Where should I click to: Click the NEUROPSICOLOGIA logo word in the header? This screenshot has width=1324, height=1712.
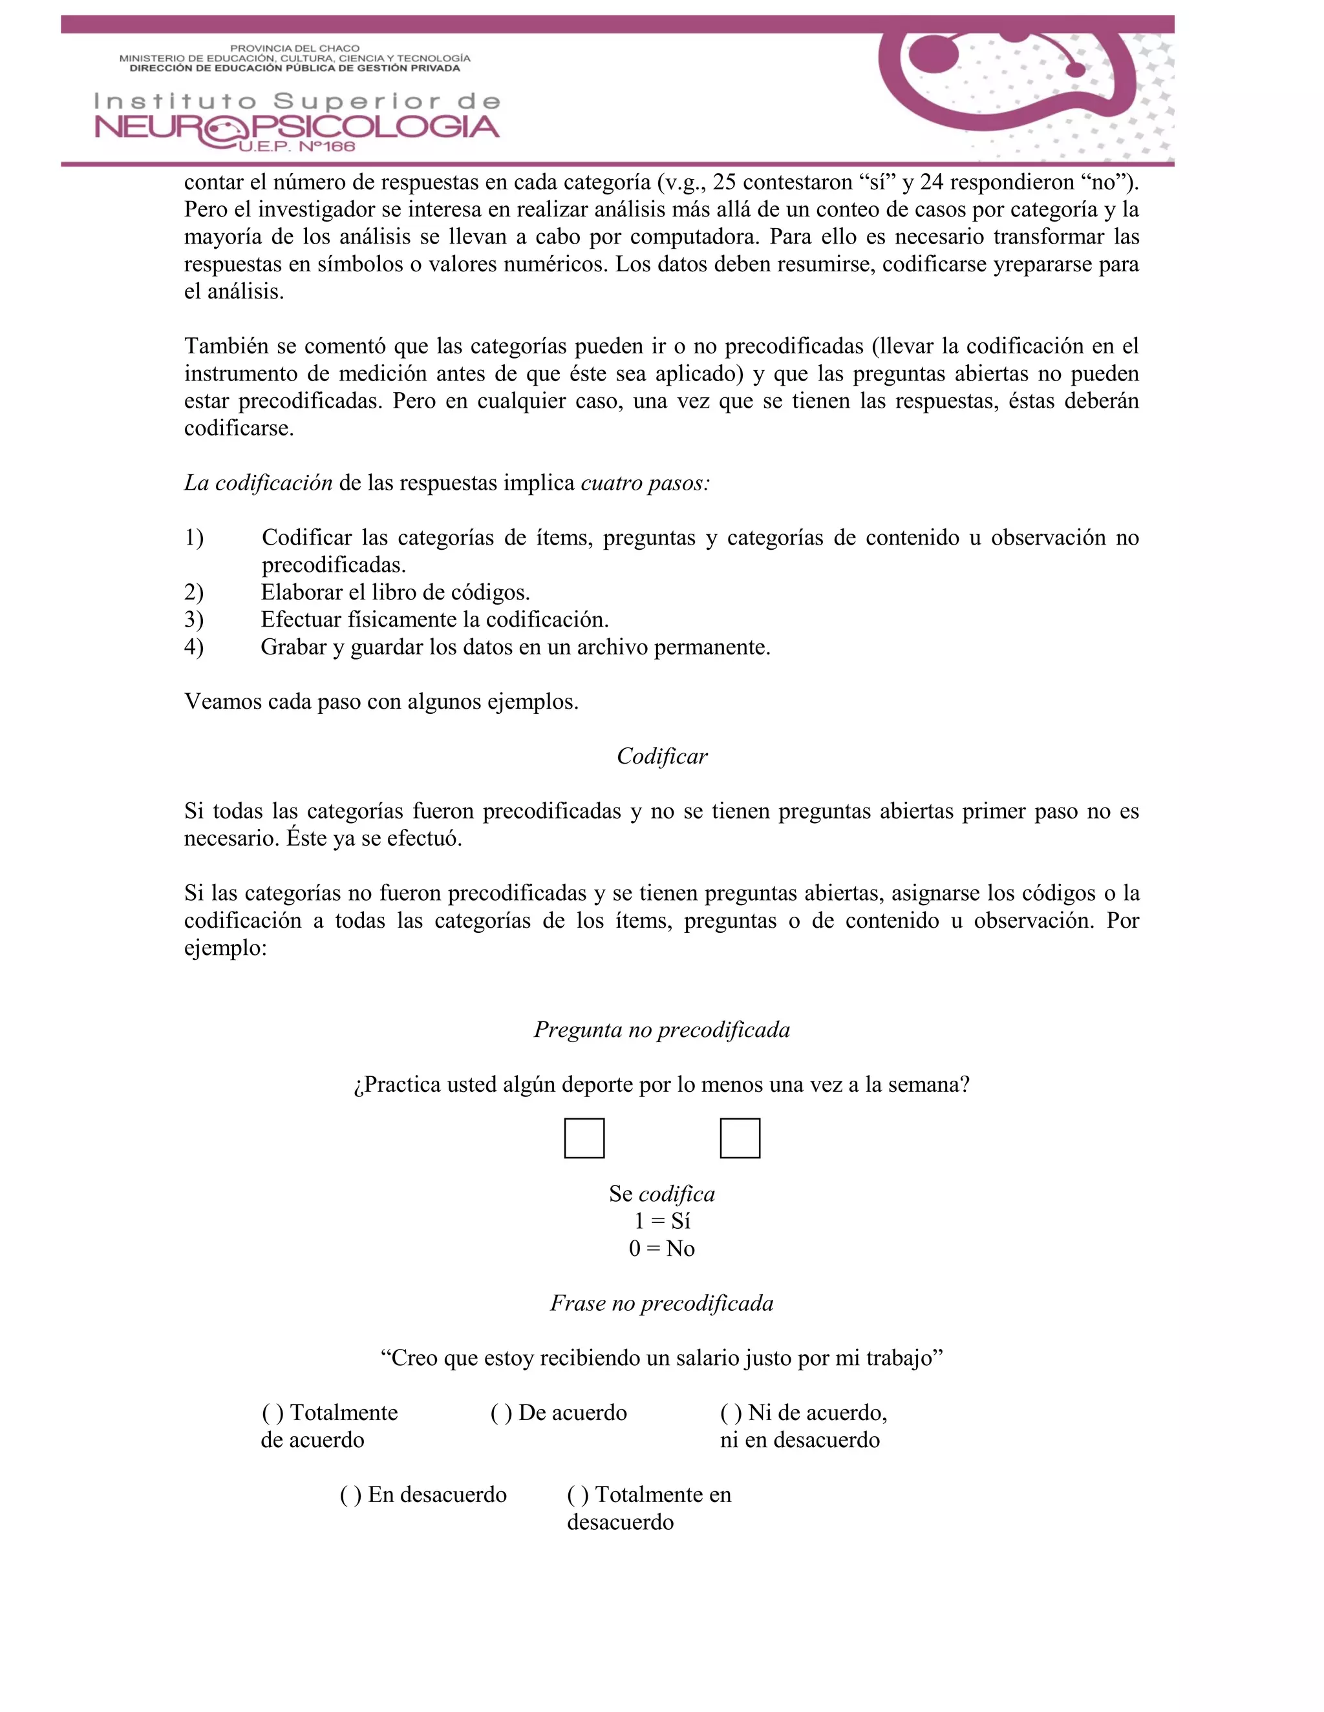pyautogui.click(x=297, y=128)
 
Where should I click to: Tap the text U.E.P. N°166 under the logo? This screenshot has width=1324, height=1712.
pyautogui.click(x=297, y=147)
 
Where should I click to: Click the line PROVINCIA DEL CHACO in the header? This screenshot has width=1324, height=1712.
pyautogui.click(x=294, y=48)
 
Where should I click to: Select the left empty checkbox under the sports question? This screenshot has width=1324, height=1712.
pyautogui.click(x=584, y=1138)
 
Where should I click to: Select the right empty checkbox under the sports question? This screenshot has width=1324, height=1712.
pyautogui.click(x=740, y=1138)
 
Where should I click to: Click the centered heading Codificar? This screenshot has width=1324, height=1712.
pyautogui.click(x=662, y=757)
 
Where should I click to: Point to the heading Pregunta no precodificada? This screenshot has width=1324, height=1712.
pyautogui.click(x=662, y=1030)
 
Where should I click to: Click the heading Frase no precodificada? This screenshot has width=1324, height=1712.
pyautogui.click(x=662, y=1304)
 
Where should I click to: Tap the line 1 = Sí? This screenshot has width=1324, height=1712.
pyautogui.click(x=662, y=1221)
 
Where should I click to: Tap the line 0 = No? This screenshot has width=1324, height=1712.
pyautogui.click(x=662, y=1249)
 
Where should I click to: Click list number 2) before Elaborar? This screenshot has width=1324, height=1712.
pyautogui.click(x=194, y=592)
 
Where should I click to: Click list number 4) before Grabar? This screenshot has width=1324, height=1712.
pyautogui.click(x=194, y=647)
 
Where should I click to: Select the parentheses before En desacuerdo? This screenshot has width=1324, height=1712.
pyautogui.click(x=350, y=1496)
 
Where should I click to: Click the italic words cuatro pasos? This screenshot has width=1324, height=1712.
pyautogui.click(x=645, y=484)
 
